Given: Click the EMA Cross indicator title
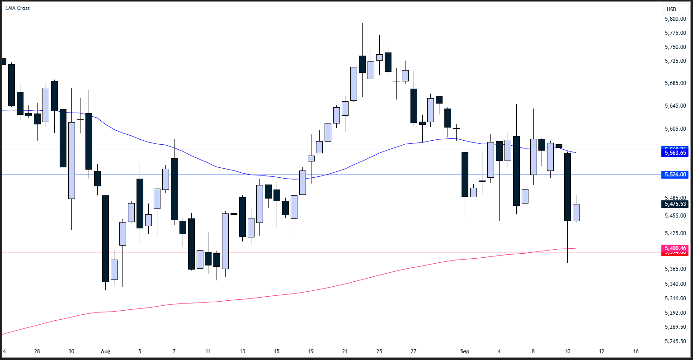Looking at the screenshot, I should [x=18, y=8].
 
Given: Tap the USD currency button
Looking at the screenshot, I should [x=672, y=9].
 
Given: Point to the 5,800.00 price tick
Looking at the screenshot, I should [x=675, y=19].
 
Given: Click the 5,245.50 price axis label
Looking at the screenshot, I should [x=675, y=341].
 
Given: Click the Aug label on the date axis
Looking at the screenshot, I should [x=105, y=351].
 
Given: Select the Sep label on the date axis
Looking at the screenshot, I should [x=465, y=351].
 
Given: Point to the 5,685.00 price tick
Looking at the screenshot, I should [x=675, y=83].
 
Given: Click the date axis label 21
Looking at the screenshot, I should [x=345, y=351].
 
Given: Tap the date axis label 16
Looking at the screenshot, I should [x=636, y=351].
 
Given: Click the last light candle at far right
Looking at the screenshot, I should [x=576, y=212].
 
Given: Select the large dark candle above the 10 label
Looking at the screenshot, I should [x=567, y=187].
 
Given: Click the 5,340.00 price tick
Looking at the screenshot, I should [x=675, y=284].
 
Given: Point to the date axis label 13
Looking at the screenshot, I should [x=242, y=351].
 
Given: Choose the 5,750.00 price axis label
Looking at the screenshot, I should [x=675, y=47].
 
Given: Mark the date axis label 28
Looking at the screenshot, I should [x=37, y=351].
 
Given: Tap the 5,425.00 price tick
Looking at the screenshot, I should [x=675, y=233].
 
